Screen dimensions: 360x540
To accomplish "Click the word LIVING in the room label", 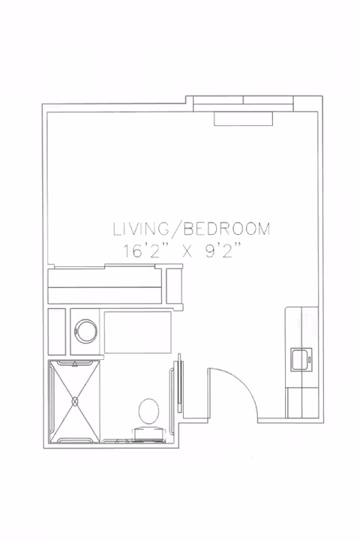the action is click(141, 229).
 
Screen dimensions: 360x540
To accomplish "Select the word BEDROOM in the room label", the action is click(227, 229).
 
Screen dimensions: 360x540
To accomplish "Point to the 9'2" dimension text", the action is click(223, 251).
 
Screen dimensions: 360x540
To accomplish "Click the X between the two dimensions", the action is click(186, 253).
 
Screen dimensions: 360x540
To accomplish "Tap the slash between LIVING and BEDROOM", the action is click(176, 229).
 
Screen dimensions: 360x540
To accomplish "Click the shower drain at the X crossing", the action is click(75, 401).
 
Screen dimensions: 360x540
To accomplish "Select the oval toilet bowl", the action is click(148, 411).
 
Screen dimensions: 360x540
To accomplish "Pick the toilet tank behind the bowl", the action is click(149, 433).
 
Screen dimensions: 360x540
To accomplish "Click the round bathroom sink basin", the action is click(85, 331).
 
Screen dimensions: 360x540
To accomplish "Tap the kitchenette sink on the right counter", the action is click(301, 359).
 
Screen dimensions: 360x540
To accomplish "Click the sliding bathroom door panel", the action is click(179, 382).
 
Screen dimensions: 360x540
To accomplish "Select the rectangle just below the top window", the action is click(243, 118).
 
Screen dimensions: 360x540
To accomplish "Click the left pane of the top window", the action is click(218, 100).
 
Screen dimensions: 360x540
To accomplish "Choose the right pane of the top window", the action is click(268, 100).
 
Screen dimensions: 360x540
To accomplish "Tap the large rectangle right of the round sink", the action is click(138, 332).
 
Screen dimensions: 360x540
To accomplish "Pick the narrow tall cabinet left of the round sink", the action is click(56, 331).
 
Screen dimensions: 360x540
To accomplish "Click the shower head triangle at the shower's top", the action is click(75, 362).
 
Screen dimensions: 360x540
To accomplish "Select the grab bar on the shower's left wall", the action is click(52, 400).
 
